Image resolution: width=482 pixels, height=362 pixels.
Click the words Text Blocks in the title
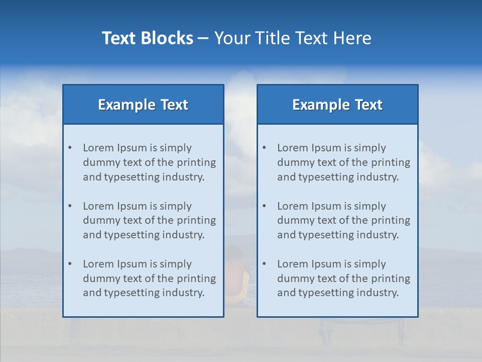click(147, 38)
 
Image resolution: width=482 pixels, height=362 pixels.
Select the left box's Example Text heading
click(143, 105)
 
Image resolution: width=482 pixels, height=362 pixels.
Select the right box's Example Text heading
click(337, 105)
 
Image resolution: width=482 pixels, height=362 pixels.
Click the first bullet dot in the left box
click(70, 148)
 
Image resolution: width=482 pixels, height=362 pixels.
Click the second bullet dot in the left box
click(70, 206)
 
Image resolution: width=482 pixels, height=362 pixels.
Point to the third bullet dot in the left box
click(70, 264)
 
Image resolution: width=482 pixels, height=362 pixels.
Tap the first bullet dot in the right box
click(264, 148)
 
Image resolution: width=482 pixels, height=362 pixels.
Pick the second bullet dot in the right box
click(264, 206)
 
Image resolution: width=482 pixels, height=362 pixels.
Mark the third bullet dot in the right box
click(264, 264)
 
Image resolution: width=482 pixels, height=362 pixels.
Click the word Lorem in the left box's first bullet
click(98, 148)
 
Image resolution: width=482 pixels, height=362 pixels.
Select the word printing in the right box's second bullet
click(390, 220)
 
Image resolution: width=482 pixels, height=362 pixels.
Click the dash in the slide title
click(203, 38)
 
